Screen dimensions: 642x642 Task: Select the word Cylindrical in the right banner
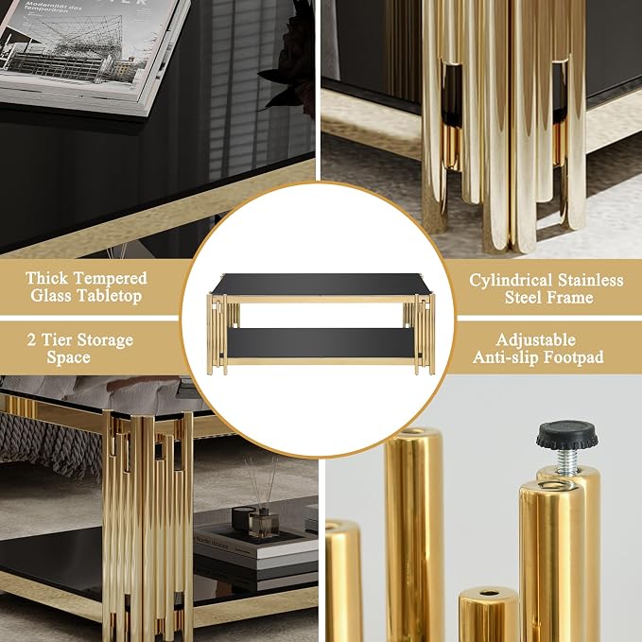point(511,281)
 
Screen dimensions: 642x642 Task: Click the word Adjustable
point(536,340)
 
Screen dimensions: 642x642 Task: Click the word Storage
point(105,341)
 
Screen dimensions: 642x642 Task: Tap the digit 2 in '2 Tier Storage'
point(31,339)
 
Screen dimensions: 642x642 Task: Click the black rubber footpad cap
point(567,435)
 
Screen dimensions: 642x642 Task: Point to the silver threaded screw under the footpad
point(566,460)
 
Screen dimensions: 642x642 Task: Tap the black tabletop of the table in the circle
point(322,284)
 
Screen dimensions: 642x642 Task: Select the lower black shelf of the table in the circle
point(321,343)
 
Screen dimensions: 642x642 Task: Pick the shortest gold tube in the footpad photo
point(489,615)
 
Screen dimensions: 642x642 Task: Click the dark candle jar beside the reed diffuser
point(244,518)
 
